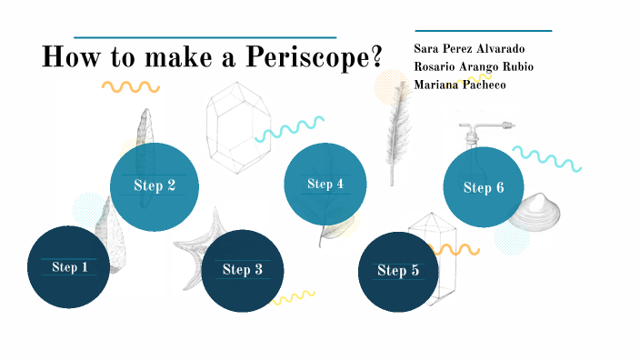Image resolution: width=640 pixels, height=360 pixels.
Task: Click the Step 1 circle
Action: coord(69,266)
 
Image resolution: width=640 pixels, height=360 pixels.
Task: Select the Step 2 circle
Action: coord(155,185)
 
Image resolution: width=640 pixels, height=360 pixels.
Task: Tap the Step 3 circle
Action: coord(243,269)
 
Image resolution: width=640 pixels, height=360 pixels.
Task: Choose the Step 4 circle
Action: coord(325,184)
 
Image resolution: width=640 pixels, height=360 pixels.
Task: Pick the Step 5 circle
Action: coord(398,270)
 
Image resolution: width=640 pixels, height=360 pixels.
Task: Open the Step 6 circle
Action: coord(483,187)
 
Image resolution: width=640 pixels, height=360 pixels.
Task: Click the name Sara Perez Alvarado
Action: coord(469,48)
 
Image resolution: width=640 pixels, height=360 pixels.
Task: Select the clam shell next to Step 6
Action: coord(535,213)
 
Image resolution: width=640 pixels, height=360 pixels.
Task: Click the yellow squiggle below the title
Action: coord(130,87)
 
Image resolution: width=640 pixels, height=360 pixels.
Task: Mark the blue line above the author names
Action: coord(483,31)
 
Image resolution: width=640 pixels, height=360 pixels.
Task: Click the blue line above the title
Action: coord(205,38)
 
